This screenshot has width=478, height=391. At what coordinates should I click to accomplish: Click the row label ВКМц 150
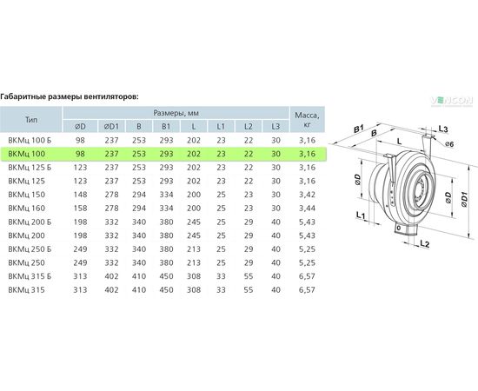[27, 195]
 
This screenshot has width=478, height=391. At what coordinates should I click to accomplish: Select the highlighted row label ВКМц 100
[27, 154]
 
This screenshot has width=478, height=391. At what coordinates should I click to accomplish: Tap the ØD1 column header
[111, 126]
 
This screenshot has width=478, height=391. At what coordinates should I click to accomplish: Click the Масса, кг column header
[308, 119]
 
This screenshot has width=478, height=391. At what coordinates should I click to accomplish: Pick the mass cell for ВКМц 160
[308, 209]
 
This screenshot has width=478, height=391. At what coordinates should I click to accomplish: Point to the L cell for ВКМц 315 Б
[194, 276]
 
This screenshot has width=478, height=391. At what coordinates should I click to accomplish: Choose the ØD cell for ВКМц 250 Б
[80, 249]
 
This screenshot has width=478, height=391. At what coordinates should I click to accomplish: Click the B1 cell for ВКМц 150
[166, 195]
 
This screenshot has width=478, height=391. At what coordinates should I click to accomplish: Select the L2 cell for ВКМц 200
[249, 235]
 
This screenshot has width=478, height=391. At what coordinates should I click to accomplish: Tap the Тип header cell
[31, 119]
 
